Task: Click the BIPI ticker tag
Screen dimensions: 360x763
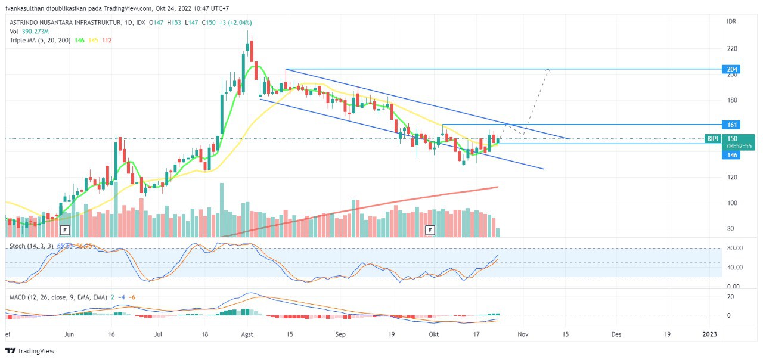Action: tap(712, 139)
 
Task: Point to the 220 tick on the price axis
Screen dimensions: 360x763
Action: tap(732, 49)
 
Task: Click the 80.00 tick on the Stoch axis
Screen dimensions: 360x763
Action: tap(734, 248)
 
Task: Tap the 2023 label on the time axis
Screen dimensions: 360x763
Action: tap(710, 335)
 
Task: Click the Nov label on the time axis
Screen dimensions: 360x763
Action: tap(523, 335)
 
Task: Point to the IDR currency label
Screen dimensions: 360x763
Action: tap(731, 21)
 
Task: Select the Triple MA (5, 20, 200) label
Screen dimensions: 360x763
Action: tap(40, 40)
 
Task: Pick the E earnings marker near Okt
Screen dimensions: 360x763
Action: tap(429, 229)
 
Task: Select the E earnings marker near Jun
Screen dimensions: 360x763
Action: tap(64, 229)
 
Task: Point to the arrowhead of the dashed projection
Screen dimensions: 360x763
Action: tap(548, 70)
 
